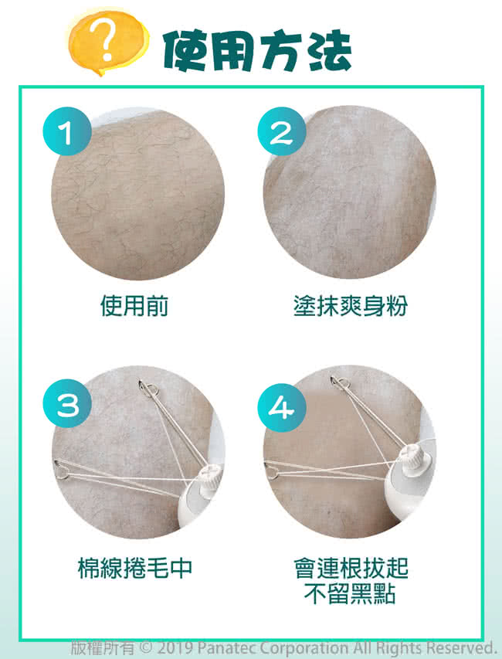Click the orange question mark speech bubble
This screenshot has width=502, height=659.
[108, 42]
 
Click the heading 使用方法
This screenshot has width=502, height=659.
[257, 51]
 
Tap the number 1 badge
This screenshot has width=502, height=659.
[67, 131]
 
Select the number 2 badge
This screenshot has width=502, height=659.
[281, 131]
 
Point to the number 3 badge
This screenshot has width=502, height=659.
[67, 403]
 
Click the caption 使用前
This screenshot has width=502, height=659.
[134, 305]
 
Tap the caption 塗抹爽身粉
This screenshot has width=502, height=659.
[351, 305]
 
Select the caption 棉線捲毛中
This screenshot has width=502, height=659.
[135, 568]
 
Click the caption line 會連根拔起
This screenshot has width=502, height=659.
[351, 568]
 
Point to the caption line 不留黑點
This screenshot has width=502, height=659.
[350, 593]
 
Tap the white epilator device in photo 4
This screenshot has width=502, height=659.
[409, 477]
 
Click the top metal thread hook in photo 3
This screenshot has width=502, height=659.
[148, 388]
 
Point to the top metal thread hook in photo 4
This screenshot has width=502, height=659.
[341, 382]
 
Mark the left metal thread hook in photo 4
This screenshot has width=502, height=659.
[272, 470]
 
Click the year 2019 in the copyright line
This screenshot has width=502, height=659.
[175, 647]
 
